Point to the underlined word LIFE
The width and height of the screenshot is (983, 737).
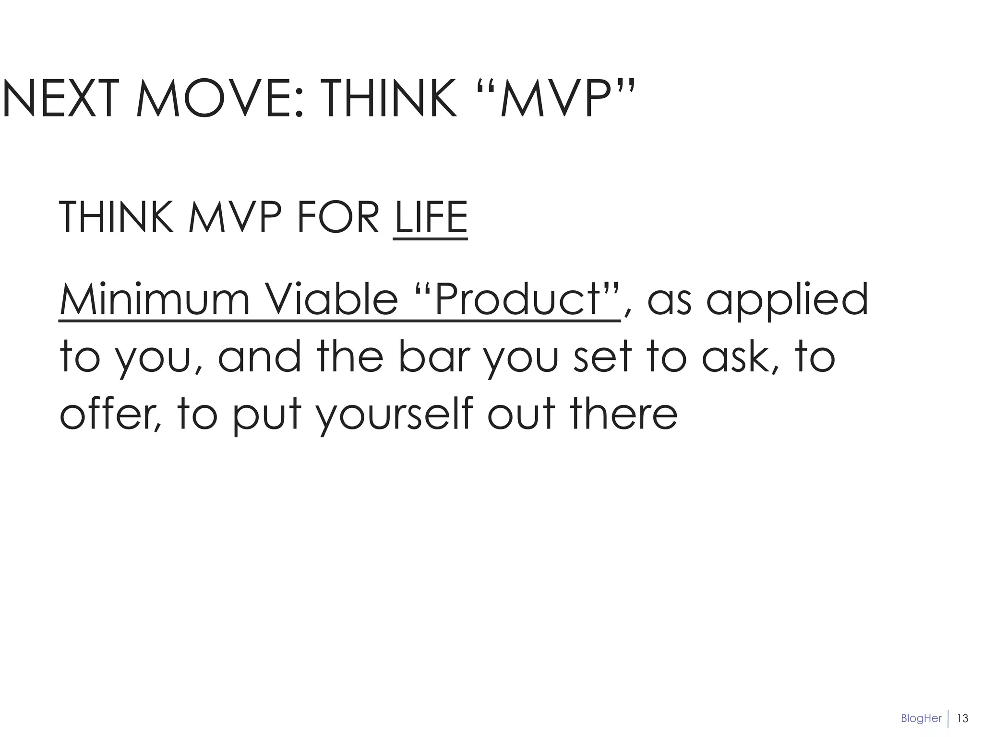[x=430, y=218]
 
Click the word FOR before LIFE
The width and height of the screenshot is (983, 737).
[x=338, y=218]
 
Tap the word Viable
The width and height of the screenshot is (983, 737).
[x=331, y=299]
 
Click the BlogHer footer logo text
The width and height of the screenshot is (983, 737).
[x=921, y=718]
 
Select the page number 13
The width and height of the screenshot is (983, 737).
[x=962, y=718]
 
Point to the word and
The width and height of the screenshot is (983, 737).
[x=260, y=357]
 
